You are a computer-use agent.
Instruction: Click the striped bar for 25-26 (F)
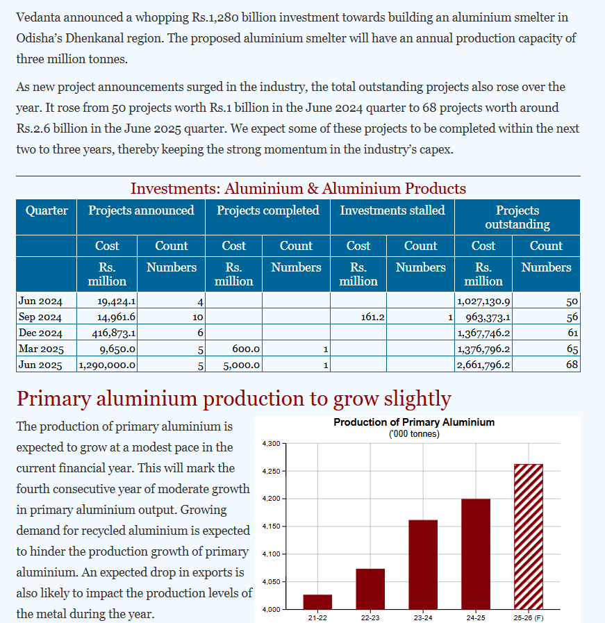tap(528, 536)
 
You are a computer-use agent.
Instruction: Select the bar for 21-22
tap(317, 601)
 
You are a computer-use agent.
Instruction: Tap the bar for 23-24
tap(423, 564)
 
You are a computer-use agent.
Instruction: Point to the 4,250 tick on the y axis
tap(271, 472)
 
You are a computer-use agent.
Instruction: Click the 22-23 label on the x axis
tap(370, 617)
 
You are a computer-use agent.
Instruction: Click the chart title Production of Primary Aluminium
tap(414, 422)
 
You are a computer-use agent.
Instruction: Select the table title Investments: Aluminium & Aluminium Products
tap(298, 188)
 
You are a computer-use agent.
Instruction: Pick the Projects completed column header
tap(268, 210)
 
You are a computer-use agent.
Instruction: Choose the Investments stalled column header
tap(392, 210)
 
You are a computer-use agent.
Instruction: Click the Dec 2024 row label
tap(41, 333)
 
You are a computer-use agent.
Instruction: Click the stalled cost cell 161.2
tap(374, 317)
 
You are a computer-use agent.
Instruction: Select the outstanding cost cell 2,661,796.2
tap(483, 365)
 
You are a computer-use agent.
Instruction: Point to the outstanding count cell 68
tap(572, 365)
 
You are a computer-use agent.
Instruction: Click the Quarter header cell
tap(47, 210)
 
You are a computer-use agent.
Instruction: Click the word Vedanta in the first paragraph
tap(41, 17)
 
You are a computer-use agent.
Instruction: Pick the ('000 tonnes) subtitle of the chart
tap(414, 434)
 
